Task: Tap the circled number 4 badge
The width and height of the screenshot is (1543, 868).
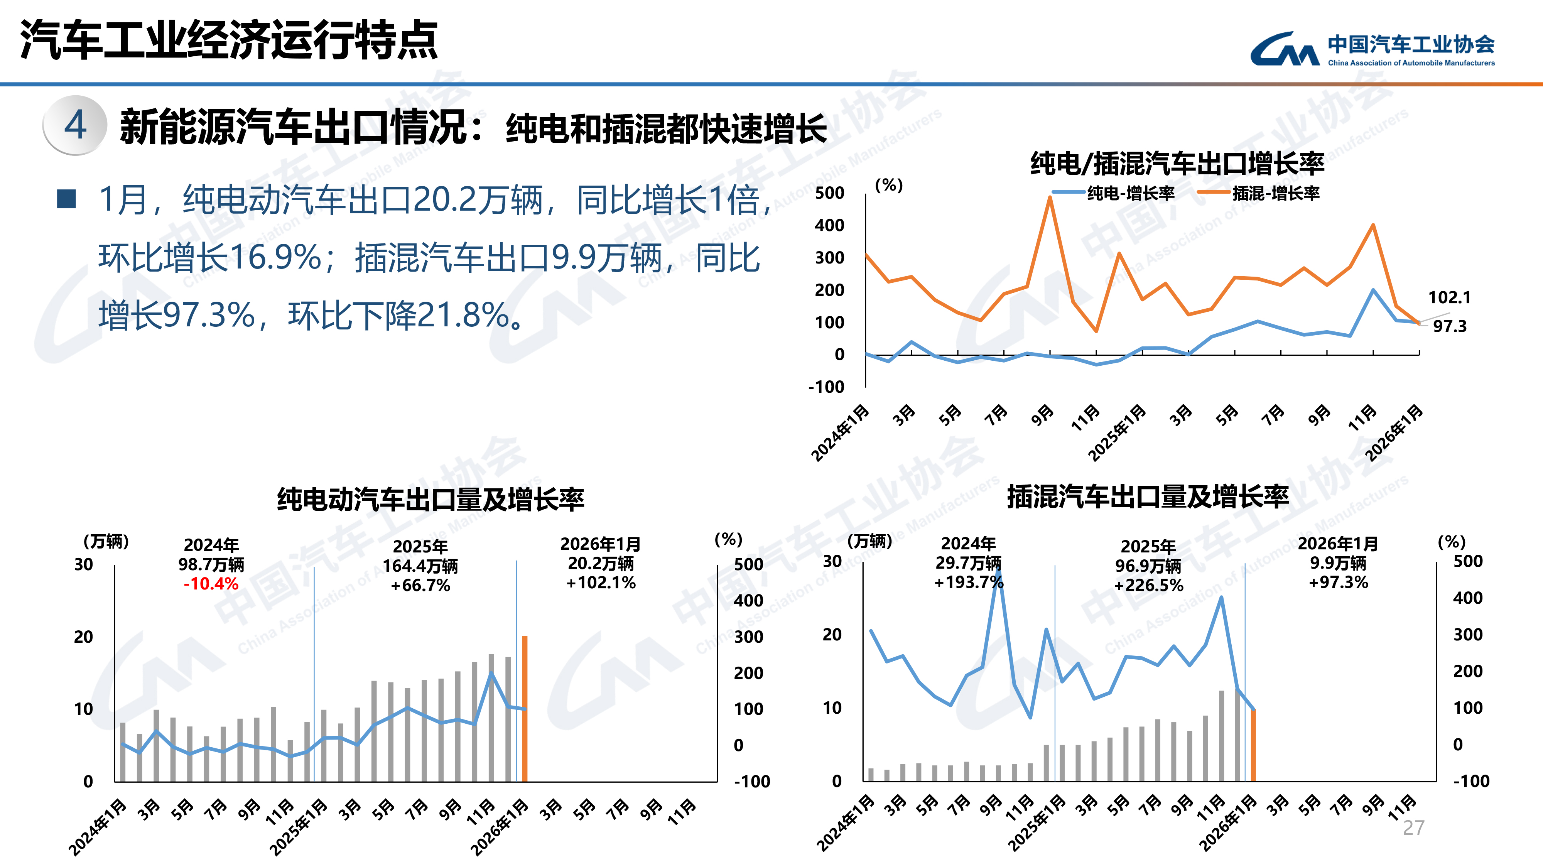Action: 75,125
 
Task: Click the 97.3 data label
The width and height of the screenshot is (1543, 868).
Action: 1450,326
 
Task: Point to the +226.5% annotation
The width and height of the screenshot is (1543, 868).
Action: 1148,585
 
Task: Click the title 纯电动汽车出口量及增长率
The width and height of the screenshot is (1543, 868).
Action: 430,499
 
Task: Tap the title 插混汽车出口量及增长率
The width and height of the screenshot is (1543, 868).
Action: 1148,496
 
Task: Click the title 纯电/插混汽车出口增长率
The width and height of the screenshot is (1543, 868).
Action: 1177,163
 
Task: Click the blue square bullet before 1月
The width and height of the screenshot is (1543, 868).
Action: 66,199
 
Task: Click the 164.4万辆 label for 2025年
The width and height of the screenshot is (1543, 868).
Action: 420,566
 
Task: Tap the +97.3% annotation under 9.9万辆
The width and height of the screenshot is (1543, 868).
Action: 1338,582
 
